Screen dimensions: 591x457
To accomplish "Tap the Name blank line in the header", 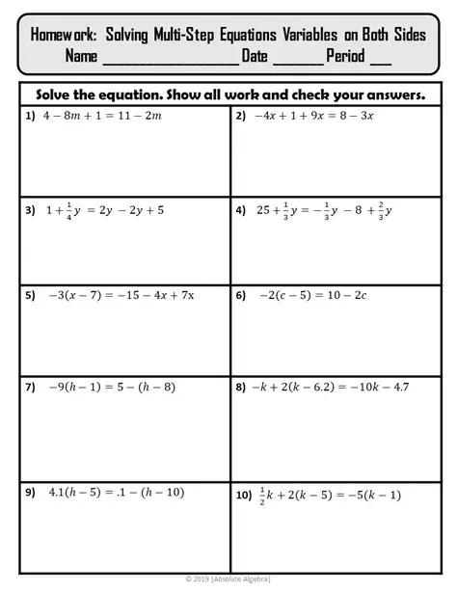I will [168, 58].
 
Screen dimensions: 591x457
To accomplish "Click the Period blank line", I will [380, 58].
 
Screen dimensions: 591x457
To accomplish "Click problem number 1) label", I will [31, 116].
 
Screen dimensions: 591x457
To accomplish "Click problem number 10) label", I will [244, 496].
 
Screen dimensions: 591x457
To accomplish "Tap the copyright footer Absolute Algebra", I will [228, 578].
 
